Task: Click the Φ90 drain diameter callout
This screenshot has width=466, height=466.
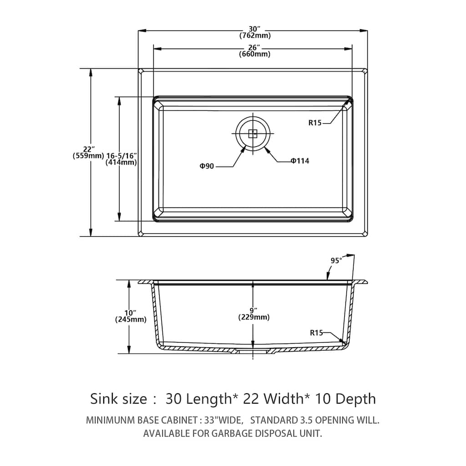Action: tap(207, 167)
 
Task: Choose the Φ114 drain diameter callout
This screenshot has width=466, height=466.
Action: tap(300, 161)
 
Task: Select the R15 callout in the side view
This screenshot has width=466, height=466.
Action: tap(316, 333)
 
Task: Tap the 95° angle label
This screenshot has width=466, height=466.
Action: tap(336, 261)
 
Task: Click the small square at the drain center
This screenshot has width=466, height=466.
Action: tap(253, 133)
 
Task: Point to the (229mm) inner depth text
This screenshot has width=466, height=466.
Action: tap(253, 317)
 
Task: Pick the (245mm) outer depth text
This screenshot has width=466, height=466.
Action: tap(131, 319)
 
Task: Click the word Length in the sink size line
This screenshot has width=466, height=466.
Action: tap(210, 399)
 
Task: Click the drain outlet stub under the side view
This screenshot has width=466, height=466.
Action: tap(253, 351)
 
